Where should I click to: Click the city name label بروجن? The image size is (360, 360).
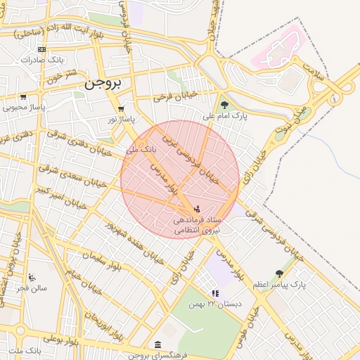coord(103,83)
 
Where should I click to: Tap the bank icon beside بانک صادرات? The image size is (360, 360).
coord(42,49)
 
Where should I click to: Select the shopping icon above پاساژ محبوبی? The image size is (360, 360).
coord(23,97)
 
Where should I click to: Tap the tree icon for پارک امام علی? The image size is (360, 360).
coord(225,105)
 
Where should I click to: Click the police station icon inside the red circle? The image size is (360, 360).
coord(197,209)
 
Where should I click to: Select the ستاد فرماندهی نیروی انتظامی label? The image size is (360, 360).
coord(199,225)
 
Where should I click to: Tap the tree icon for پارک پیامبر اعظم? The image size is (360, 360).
coord(280,273)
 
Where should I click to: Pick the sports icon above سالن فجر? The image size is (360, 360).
coord(32,276)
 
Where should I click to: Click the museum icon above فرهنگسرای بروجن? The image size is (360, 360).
coord(156,345)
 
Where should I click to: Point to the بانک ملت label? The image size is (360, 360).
coord(26,350)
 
